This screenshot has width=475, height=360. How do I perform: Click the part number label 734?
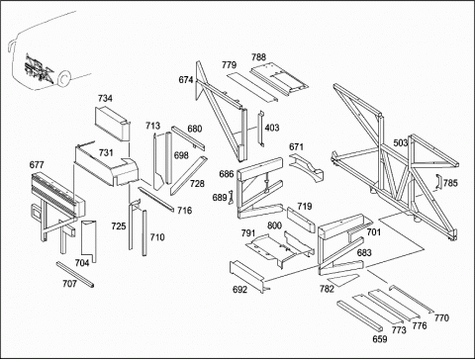(x=105, y=98)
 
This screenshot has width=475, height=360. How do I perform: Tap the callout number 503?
(x=401, y=143)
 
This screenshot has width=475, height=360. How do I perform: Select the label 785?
(x=450, y=183)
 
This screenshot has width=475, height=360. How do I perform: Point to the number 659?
(x=380, y=339)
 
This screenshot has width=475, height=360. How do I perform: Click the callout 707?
(x=69, y=284)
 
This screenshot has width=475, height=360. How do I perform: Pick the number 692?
(x=239, y=290)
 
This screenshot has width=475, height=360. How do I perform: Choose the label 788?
(x=258, y=57)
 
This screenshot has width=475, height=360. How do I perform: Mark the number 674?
(x=186, y=80)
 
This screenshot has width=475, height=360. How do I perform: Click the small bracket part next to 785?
(x=438, y=182)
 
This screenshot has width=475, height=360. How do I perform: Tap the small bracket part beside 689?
(x=231, y=197)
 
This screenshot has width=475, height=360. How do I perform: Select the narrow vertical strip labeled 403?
(x=261, y=129)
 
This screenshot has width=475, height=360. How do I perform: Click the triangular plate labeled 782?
(x=344, y=279)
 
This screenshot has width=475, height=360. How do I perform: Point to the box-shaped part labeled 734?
(x=112, y=124)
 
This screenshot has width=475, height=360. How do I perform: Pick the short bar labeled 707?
(x=75, y=274)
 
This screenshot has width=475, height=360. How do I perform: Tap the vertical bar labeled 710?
(x=144, y=232)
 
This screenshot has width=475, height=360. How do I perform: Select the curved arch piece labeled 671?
(x=307, y=166)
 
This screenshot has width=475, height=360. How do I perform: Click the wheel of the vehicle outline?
(x=63, y=79)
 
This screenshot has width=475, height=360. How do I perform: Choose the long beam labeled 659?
(x=360, y=316)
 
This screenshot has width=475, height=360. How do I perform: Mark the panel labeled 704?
(x=89, y=240)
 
